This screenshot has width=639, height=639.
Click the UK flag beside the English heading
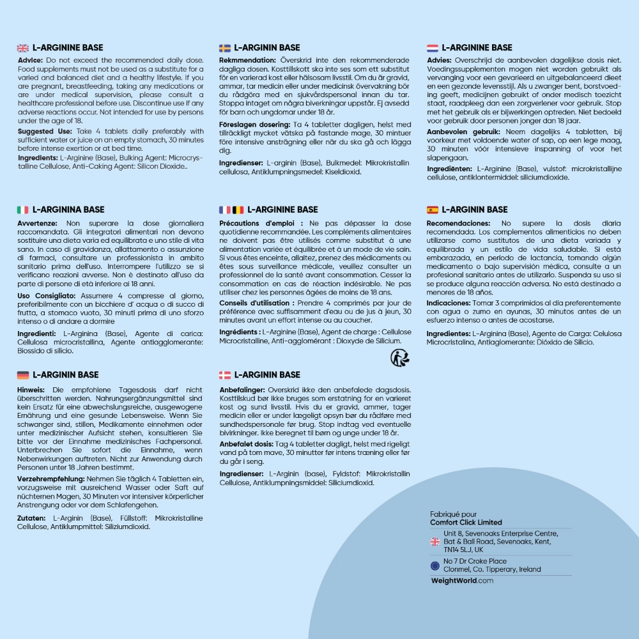click(22, 48)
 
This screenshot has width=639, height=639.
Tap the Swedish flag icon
click(225, 48)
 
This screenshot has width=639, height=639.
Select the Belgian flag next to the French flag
click(238, 210)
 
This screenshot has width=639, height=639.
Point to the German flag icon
click(22, 375)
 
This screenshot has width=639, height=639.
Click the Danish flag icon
click(225, 375)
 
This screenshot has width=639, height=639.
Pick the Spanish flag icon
click(433, 210)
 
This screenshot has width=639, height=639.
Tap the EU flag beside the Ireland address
click(435, 566)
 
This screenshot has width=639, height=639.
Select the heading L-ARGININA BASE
click(68, 210)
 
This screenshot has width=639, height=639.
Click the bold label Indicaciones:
click(449, 303)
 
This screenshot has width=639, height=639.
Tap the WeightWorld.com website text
click(462, 581)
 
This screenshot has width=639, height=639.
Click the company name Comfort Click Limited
click(466, 522)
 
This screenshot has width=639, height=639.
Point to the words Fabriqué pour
click(454, 514)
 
